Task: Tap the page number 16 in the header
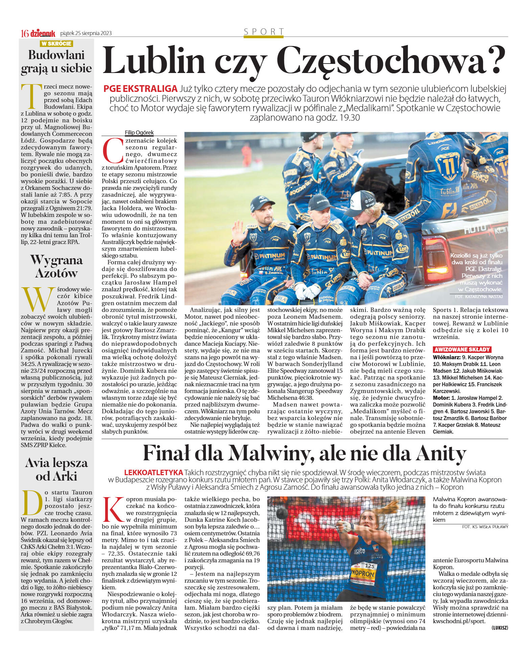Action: pyautogui.click(x=25, y=33)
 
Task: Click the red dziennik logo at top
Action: pyautogui.click(x=43, y=33)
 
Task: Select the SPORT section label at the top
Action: pyautogui.click(x=264, y=32)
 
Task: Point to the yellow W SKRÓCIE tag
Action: pyautogui.click(x=56, y=44)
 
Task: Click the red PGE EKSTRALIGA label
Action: pyautogui.click(x=140, y=89)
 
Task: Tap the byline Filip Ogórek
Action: pyautogui.click(x=139, y=132)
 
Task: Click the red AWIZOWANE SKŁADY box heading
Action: pyautogui.click(x=462, y=349)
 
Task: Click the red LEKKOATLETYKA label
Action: pyautogui.click(x=154, y=472)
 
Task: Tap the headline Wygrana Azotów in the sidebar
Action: pyautogui.click(x=56, y=267)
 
